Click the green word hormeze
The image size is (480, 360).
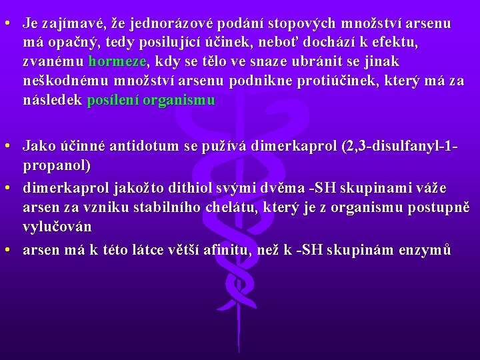(117, 62)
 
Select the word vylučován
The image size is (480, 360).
(57, 227)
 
